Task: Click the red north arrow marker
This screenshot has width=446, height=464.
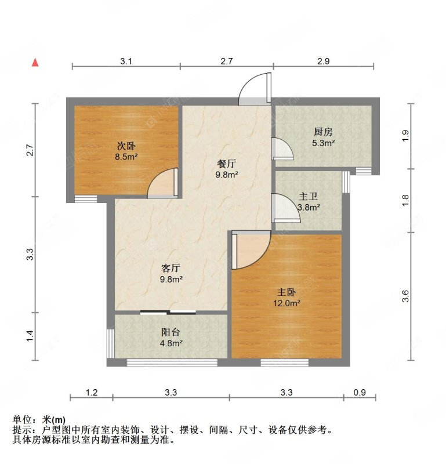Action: point(36,62)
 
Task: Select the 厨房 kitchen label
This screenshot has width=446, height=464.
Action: point(323,132)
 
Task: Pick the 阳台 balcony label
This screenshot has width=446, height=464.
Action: point(171,332)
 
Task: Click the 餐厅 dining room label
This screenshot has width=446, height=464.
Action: point(227,164)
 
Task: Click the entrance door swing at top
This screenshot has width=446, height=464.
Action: point(255,89)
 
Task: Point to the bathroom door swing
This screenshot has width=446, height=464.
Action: point(283,207)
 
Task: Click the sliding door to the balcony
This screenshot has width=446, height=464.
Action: point(168,312)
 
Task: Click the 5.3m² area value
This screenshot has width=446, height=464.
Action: point(323,143)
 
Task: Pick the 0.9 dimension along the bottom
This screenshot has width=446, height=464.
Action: point(360,393)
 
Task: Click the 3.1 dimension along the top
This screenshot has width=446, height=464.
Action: point(126,61)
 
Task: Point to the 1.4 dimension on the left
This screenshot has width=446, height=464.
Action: point(30,335)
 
